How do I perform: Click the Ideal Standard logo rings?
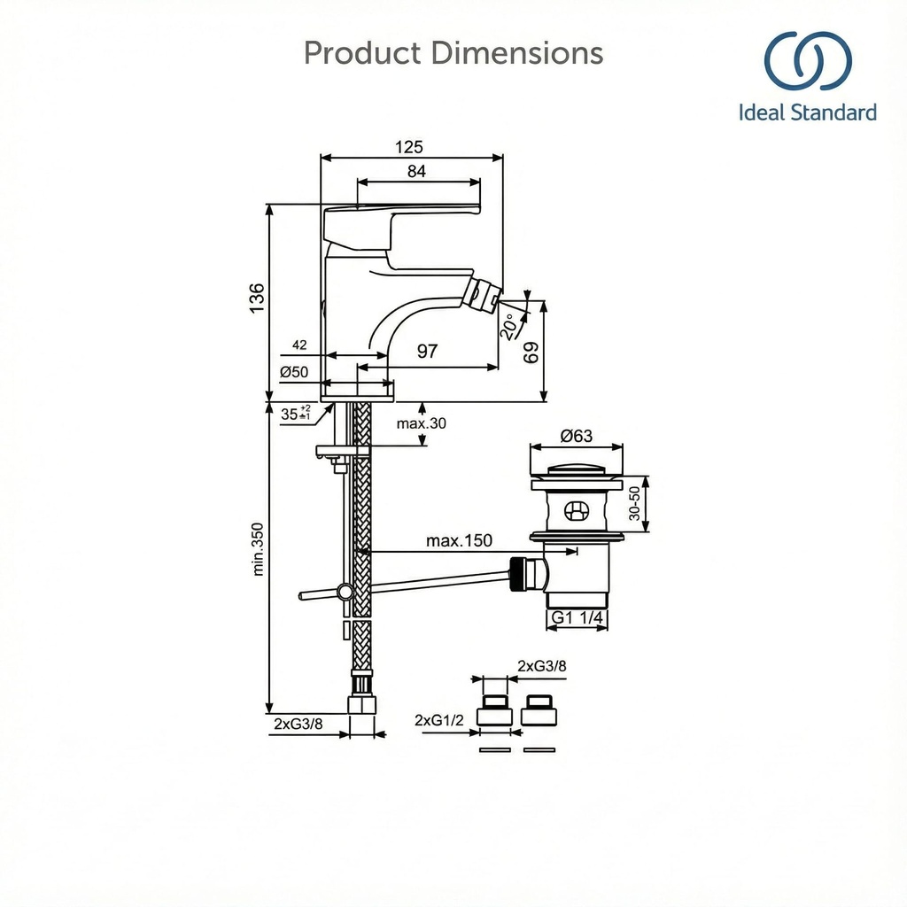pyautogui.click(x=808, y=62)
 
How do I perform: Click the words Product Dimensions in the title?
pyautogui.click(x=453, y=53)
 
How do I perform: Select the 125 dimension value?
pyautogui.click(x=409, y=146)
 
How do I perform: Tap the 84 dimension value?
pyautogui.click(x=416, y=172)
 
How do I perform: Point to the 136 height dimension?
pyautogui.click(x=257, y=298)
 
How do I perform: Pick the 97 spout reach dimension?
pyautogui.click(x=427, y=352)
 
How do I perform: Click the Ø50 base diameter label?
pyautogui.click(x=294, y=372)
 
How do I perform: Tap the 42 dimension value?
pyautogui.click(x=298, y=345)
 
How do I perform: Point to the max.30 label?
pyautogui.click(x=422, y=423)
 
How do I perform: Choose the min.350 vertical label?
pyautogui.click(x=258, y=549)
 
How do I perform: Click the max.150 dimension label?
pyautogui.click(x=459, y=540)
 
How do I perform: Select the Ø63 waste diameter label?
pyautogui.click(x=577, y=436)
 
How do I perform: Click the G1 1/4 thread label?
pyautogui.click(x=577, y=617)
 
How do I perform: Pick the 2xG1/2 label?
pyautogui.click(x=439, y=721)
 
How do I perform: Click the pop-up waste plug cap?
pyautogui.click(x=577, y=470)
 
